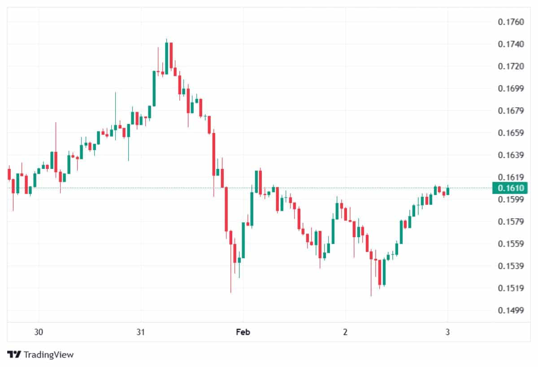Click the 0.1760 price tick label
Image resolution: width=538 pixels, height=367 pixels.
511,22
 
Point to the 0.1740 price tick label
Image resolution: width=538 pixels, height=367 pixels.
511,44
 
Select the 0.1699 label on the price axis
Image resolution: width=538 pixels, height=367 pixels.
511,88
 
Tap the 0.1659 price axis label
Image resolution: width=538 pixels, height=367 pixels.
511,133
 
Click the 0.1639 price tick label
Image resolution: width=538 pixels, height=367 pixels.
511,155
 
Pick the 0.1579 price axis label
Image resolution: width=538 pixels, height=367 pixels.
511,221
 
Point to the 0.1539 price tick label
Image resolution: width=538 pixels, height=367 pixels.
511,266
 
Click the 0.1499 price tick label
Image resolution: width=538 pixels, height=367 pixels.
511,310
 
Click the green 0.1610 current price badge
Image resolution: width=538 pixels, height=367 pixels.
510,188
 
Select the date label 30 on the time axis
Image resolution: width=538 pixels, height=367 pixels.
39,332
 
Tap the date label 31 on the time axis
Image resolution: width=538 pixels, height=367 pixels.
141,332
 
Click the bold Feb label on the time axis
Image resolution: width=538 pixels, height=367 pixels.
243,332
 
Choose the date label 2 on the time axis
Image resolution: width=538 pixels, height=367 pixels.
345,332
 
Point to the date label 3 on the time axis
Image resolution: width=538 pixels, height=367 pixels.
447,332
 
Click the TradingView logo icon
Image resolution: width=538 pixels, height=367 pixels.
14,354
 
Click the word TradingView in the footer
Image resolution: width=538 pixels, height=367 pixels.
48,354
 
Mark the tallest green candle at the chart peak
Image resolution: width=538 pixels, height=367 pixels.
166,58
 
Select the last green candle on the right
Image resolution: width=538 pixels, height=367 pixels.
447,191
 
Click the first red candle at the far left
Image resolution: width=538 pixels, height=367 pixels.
9,174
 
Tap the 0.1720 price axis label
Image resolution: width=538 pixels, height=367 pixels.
511,66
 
